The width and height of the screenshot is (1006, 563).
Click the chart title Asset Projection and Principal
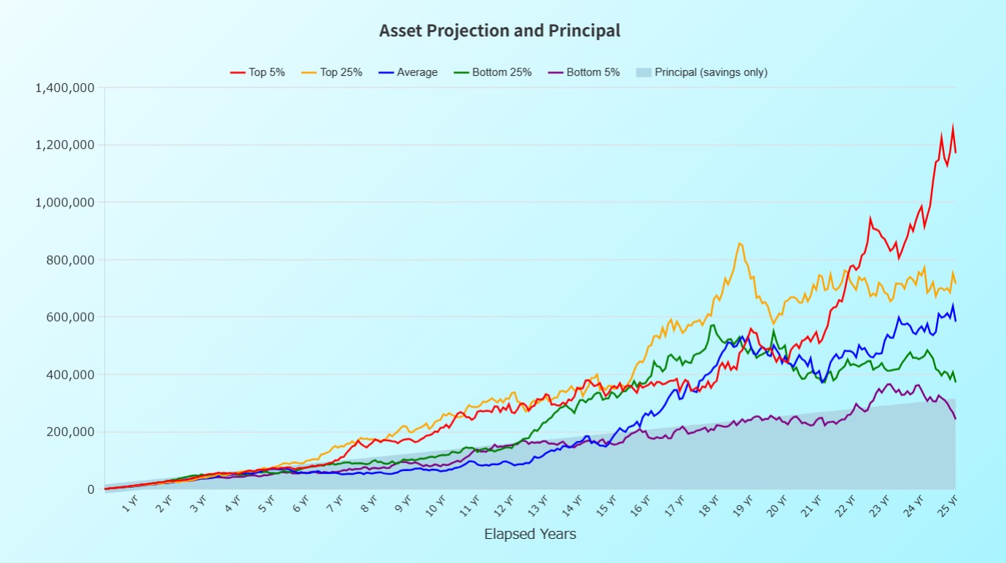tap(499, 31)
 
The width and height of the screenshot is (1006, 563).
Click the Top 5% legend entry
tap(257, 72)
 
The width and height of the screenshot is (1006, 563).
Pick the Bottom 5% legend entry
tap(582, 72)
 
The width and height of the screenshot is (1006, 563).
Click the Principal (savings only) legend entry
tap(701, 72)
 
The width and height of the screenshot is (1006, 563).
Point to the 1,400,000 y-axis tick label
tap(65, 88)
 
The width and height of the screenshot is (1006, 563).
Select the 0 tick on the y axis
tap(91, 489)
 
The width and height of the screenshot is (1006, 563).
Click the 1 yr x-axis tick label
tap(130, 503)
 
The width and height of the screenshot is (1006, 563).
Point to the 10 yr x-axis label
tap(437, 505)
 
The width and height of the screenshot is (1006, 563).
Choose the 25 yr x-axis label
tap(947, 505)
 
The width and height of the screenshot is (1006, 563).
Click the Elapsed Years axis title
tap(530, 535)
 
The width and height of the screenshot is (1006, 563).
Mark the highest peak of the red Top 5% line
tap(953, 127)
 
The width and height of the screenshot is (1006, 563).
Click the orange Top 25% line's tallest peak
tap(740, 244)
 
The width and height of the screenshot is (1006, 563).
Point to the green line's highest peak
tap(712, 325)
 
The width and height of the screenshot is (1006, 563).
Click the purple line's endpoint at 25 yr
tap(955, 419)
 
